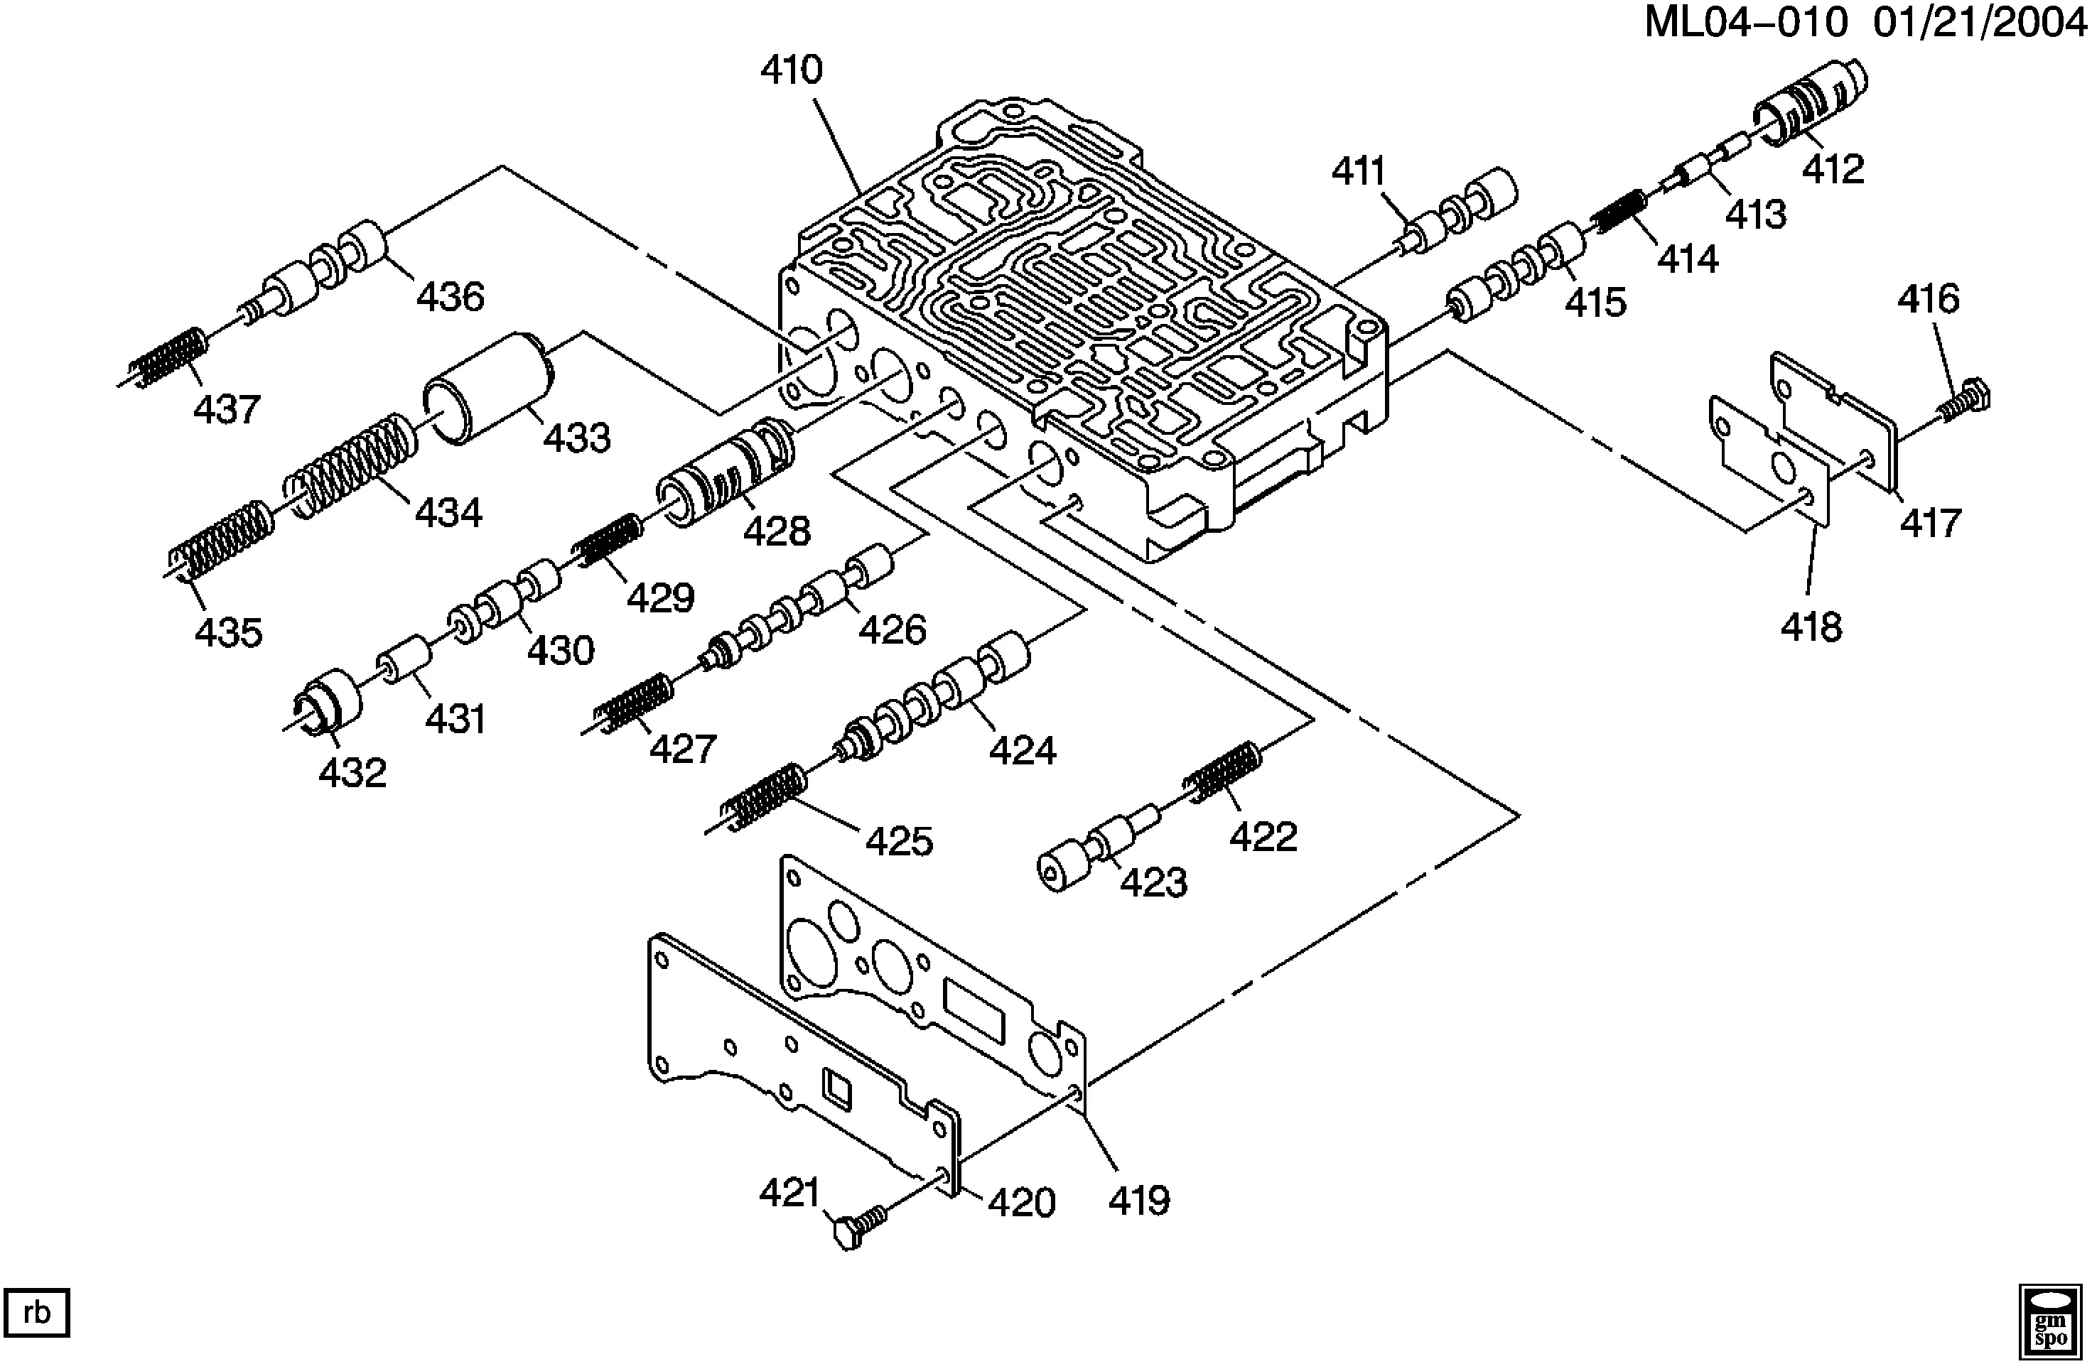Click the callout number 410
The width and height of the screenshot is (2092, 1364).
pos(791,70)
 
